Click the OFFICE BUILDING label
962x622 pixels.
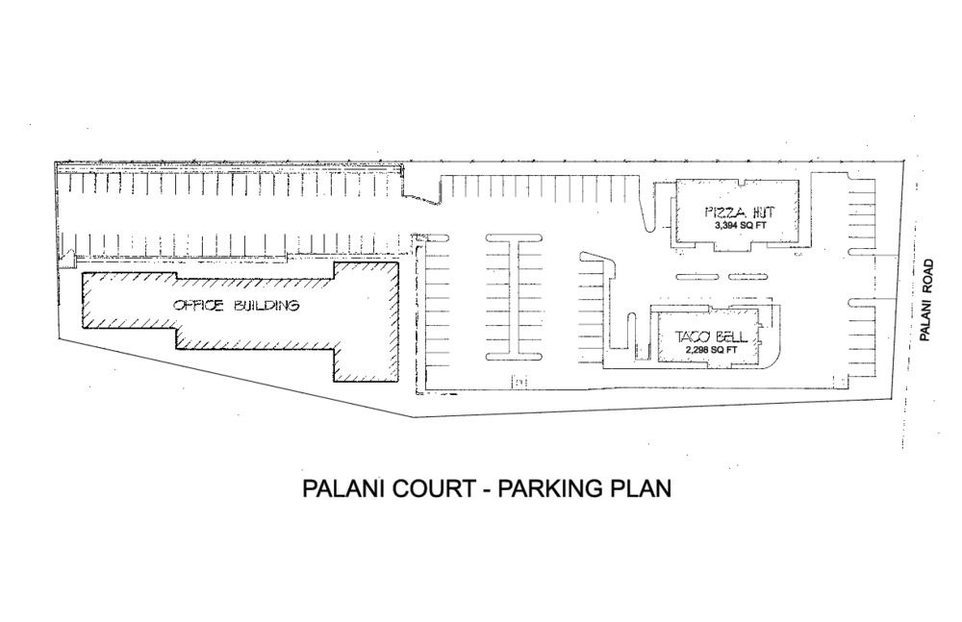(x=237, y=305)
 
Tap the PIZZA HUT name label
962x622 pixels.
(x=740, y=212)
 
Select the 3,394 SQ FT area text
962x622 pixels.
(x=740, y=226)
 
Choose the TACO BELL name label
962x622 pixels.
(x=712, y=336)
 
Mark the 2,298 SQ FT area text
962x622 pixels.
(x=712, y=350)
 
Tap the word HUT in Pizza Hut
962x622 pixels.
(x=761, y=212)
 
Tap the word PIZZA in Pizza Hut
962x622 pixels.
(x=724, y=212)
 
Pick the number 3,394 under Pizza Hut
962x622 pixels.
(x=726, y=226)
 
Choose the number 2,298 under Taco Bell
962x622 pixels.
(x=698, y=350)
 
